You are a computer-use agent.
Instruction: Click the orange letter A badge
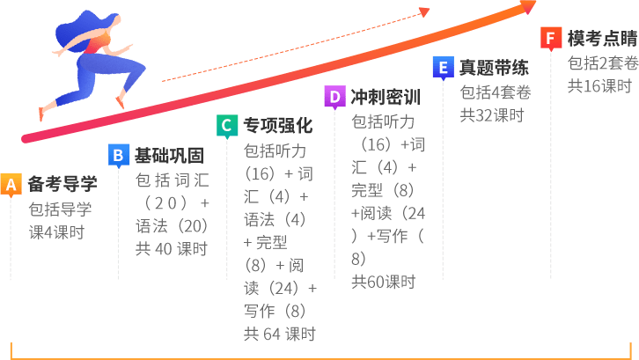(11, 184)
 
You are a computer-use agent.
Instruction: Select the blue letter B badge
(119, 155)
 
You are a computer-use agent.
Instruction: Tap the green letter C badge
(226, 125)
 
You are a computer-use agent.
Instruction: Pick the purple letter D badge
(334, 96)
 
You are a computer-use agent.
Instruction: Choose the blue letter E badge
(443, 67)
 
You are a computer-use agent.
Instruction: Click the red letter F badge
(551, 38)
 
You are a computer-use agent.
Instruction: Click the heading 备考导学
(62, 184)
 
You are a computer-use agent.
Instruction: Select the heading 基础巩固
(169, 156)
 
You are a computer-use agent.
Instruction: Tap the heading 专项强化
(277, 126)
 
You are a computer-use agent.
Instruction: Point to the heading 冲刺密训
(386, 97)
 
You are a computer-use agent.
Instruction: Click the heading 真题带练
(494, 68)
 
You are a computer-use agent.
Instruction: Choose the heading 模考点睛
(602, 39)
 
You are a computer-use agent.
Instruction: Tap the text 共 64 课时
(278, 334)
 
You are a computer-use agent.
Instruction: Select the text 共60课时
(383, 282)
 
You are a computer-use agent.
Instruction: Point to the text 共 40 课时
(171, 249)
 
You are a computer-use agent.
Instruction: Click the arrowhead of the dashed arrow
(424, 12)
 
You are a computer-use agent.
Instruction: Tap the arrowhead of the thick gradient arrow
(528, 7)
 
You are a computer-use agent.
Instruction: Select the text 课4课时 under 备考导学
(56, 232)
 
